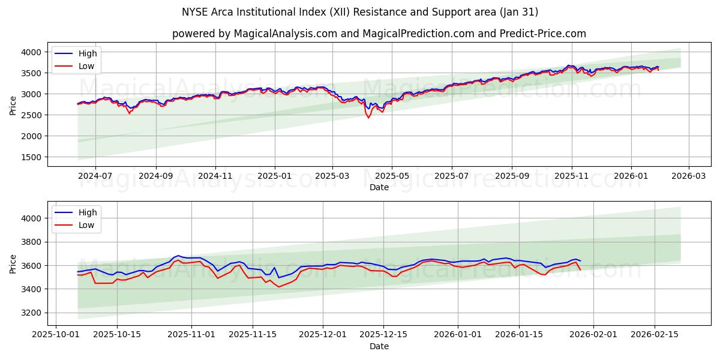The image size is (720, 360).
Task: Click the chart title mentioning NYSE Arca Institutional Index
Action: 360,12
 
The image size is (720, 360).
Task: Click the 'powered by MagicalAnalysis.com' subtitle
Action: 379,34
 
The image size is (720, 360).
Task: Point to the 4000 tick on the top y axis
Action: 32,52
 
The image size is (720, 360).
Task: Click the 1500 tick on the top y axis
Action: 32,157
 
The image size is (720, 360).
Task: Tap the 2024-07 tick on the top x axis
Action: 95,176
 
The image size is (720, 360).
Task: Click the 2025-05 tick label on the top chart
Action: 392,176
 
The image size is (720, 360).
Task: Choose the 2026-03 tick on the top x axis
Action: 688,176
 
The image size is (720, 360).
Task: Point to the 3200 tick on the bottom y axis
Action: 32,313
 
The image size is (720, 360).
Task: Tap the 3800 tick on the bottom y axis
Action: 32,242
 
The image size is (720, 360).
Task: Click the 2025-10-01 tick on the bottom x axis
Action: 56,335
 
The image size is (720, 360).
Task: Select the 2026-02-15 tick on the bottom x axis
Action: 654,335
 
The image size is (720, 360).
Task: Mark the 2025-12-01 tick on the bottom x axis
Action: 323,335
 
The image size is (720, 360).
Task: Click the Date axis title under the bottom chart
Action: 379,346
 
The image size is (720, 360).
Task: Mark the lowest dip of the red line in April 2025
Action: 368,118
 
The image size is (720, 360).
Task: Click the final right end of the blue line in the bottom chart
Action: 580,261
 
